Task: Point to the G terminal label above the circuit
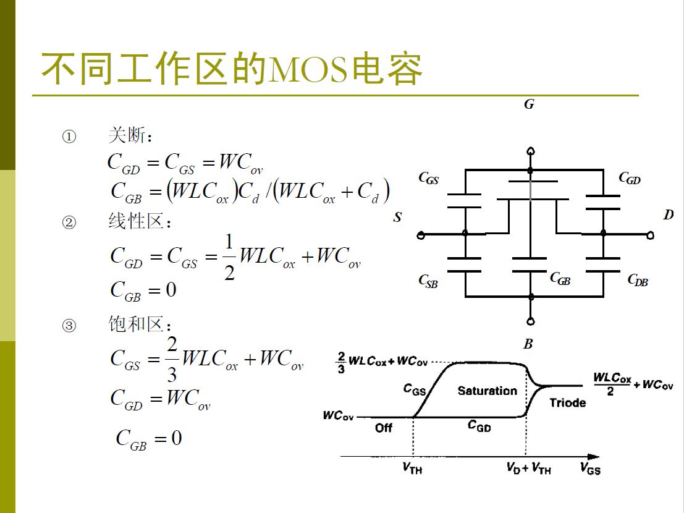click(529, 104)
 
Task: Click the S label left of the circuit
click(398, 217)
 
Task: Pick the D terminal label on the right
click(669, 215)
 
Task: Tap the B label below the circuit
click(528, 344)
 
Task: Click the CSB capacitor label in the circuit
click(428, 282)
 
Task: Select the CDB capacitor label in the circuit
click(638, 281)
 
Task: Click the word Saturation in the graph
click(488, 391)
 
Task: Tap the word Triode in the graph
click(568, 403)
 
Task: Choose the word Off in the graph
click(384, 428)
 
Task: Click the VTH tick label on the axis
click(412, 468)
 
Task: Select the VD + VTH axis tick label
click(528, 468)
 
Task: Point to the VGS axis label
click(590, 468)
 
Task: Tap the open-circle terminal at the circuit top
click(530, 151)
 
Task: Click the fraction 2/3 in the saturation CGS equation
click(172, 358)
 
